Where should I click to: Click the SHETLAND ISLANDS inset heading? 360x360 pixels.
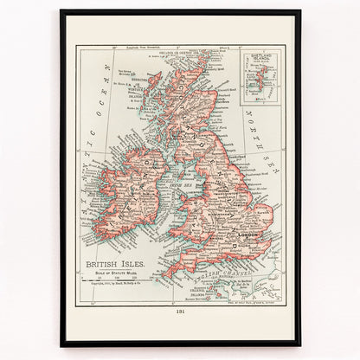pyautogui.click(x=260, y=61)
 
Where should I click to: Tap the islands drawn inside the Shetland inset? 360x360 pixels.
pyautogui.click(x=258, y=83)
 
